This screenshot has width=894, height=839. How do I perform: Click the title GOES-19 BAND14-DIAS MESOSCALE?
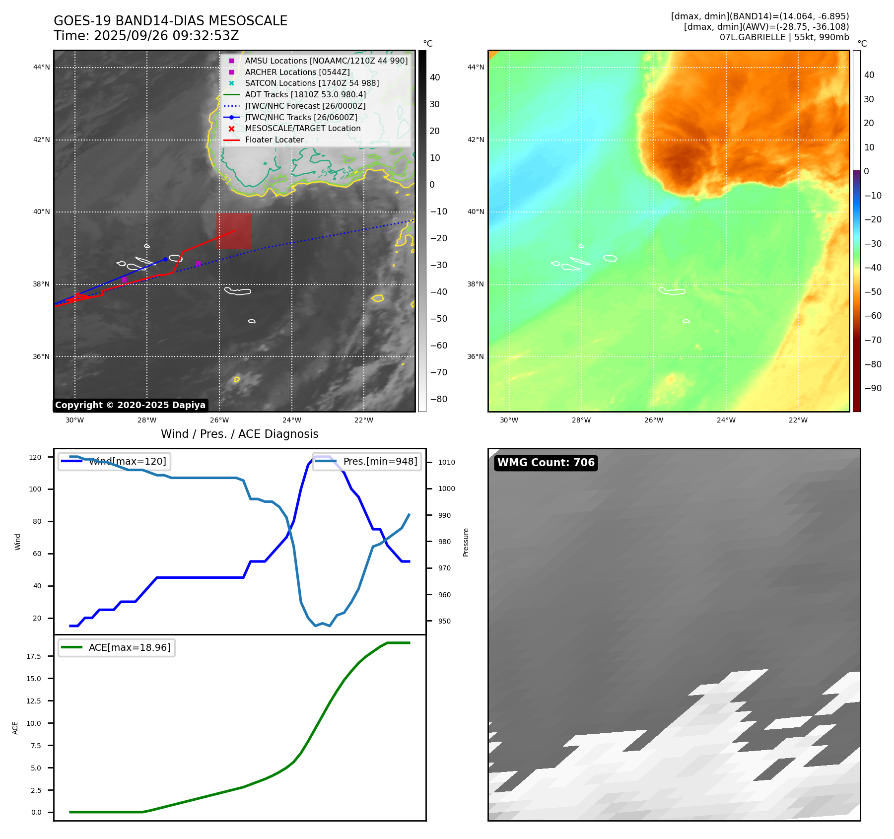click(170, 21)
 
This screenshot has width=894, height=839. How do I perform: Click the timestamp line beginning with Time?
click(146, 36)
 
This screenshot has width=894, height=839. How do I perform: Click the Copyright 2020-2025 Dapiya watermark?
click(130, 405)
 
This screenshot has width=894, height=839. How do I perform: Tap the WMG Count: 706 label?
click(546, 463)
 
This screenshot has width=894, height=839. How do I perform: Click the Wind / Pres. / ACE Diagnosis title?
click(239, 434)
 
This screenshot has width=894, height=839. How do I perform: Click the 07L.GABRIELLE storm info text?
click(784, 37)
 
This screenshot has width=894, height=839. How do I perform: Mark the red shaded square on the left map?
click(234, 231)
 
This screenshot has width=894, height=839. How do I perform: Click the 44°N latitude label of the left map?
click(42, 67)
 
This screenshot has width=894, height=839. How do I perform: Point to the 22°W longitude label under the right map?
click(798, 420)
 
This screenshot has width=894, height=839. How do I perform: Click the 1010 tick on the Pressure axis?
click(446, 462)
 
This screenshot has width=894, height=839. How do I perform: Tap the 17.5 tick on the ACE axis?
click(34, 656)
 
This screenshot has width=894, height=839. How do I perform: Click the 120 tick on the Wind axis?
click(35, 457)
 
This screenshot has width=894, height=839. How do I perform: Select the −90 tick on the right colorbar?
click(873, 388)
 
